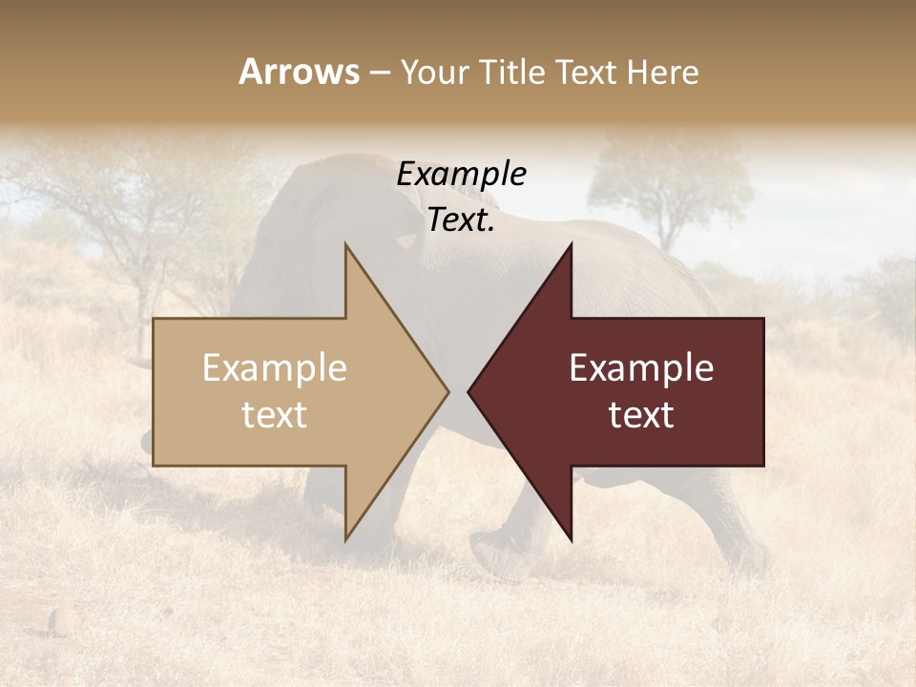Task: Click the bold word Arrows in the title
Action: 299,72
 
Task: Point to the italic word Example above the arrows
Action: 461,175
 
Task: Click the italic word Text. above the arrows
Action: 461,220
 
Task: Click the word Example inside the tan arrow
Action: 275,368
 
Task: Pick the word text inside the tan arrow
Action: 275,415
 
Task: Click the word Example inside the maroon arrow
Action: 641,368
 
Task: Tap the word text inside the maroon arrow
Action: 641,415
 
